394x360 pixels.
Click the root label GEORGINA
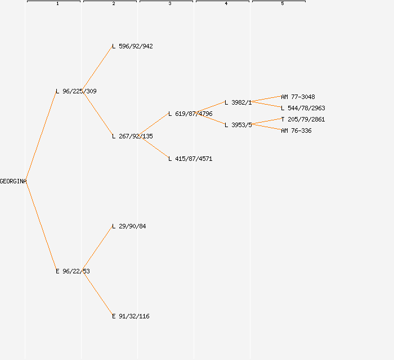(x=13, y=181)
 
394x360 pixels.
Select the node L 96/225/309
(x=76, y=91)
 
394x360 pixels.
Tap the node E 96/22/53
(x=73, y=271)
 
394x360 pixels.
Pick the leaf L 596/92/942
(x=132, y=46)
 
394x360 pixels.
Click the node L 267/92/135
(x=132, y=136)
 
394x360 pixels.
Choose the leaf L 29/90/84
(x=129, y=226)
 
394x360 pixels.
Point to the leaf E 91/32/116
(x=131, y=316)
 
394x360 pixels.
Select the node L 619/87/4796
(x=190, y=114)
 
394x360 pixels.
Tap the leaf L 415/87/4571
(x=190, y=159)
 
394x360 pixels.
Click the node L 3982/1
(x=238, y=102)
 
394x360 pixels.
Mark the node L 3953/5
(x=238, y=125)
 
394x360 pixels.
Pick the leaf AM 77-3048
(x=298, y=97)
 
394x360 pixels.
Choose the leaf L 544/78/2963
(x=303, y=108)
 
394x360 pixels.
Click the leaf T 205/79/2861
(x=303, y=119)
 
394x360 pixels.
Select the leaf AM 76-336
(x=296, y=130)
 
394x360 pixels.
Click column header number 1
(x=57, y=4)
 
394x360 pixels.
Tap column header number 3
(x=170, y=4)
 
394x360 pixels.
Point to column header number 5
(x=283, y=4)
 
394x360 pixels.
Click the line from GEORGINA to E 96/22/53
(x=41, y=226)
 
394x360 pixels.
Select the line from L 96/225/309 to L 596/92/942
(x=98, y=69)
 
